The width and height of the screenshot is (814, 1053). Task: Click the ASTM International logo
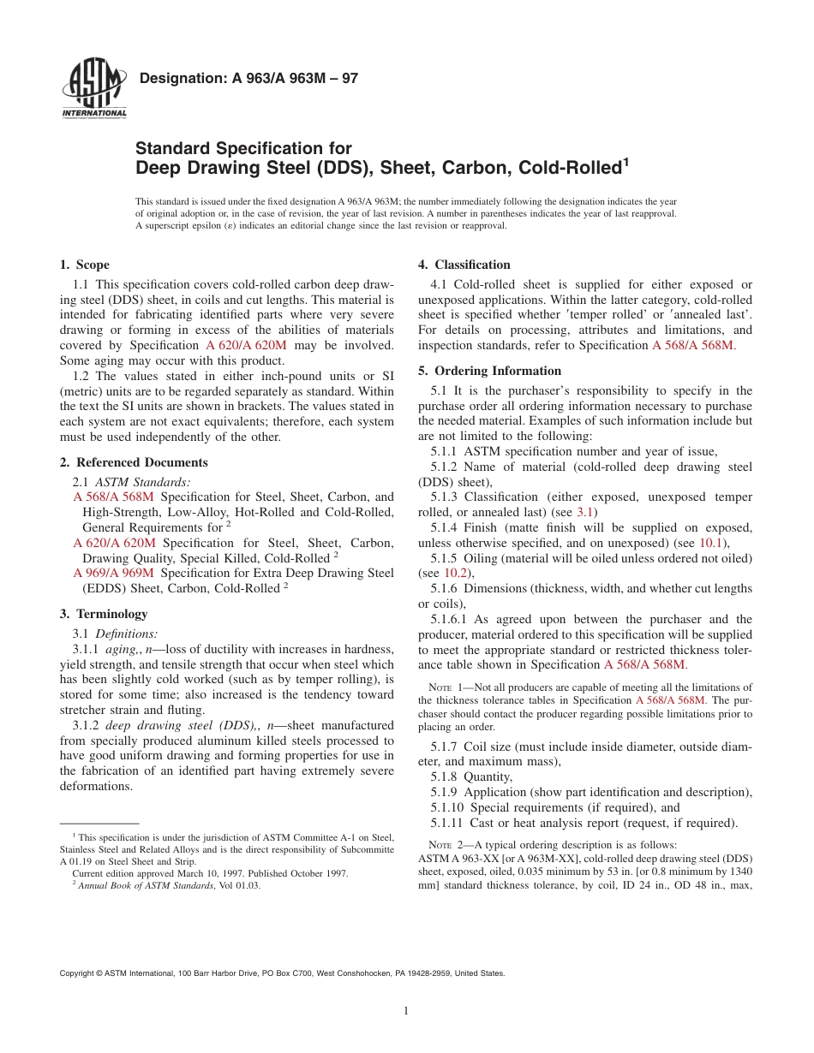point(93,91)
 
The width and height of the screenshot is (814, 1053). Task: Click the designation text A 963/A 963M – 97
point(248,79)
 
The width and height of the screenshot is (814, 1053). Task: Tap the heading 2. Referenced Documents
point(134,462)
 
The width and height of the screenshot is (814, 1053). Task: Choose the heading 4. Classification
point(464,265)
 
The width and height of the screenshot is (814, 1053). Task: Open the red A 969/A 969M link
point(114,573)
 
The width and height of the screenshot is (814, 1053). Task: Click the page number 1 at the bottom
point(406,1011)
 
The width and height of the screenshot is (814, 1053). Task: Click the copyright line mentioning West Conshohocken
point(282,973)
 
